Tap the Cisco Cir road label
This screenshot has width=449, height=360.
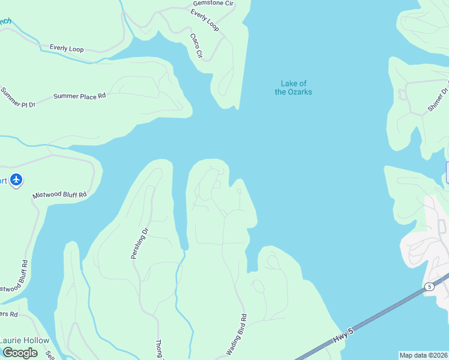pyautogui.click(x=196, y=46)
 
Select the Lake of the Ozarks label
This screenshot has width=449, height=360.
pyautogui.click(x=294, y=88)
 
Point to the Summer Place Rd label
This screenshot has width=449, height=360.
pyautogui.click(x=79, y=96)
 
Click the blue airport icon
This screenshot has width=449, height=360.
pyautogui.click(x=16, y=179)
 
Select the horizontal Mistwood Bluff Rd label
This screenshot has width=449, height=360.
pyautogui.click(x=59, y=195)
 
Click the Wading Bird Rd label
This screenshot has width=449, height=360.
pyautogui.click(x=236, y=335)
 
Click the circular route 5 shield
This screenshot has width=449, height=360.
pyautogui.click(x=429, y=287)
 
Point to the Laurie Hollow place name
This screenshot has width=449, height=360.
pyautogui.click(x=25, y=340)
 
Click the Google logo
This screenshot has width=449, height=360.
pyautogui.click(x=20, y=353)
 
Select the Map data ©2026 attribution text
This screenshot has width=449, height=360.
pyautogui.click(x=423, y=355)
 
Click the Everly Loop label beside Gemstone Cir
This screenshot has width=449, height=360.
pyautogui.click(x=205, y=20)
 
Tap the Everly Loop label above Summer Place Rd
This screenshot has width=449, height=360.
pyautogui.click(x=67, y=48)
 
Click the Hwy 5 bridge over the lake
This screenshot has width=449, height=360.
pyautogui.click(x=384, y=313)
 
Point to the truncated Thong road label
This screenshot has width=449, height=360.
pyautogui.click(x=160, y=348)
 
